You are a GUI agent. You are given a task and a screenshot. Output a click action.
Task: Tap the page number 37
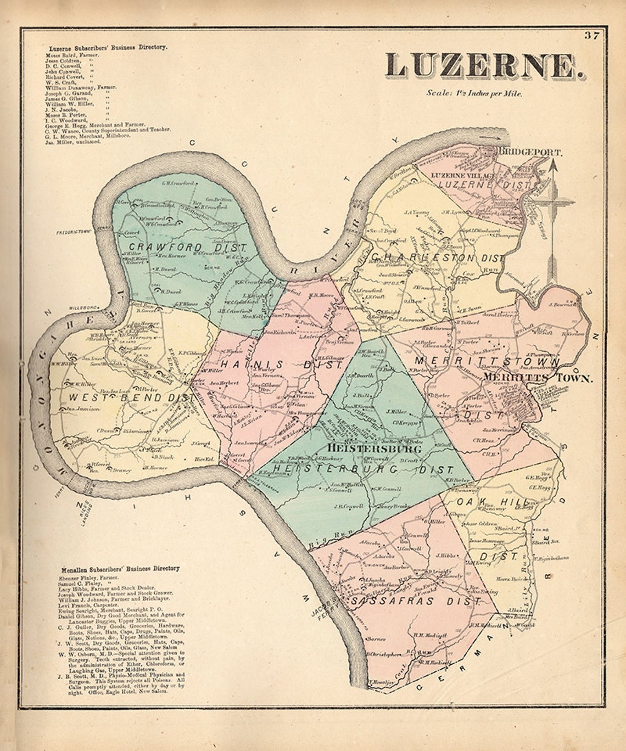(x=591, y=36)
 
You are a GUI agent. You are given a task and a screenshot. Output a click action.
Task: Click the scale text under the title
(x=474, y=93)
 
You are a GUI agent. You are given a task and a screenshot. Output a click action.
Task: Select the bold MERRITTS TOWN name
(x=538, y=378)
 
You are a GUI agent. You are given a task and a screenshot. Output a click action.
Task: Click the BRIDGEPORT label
(x=529, y=152)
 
